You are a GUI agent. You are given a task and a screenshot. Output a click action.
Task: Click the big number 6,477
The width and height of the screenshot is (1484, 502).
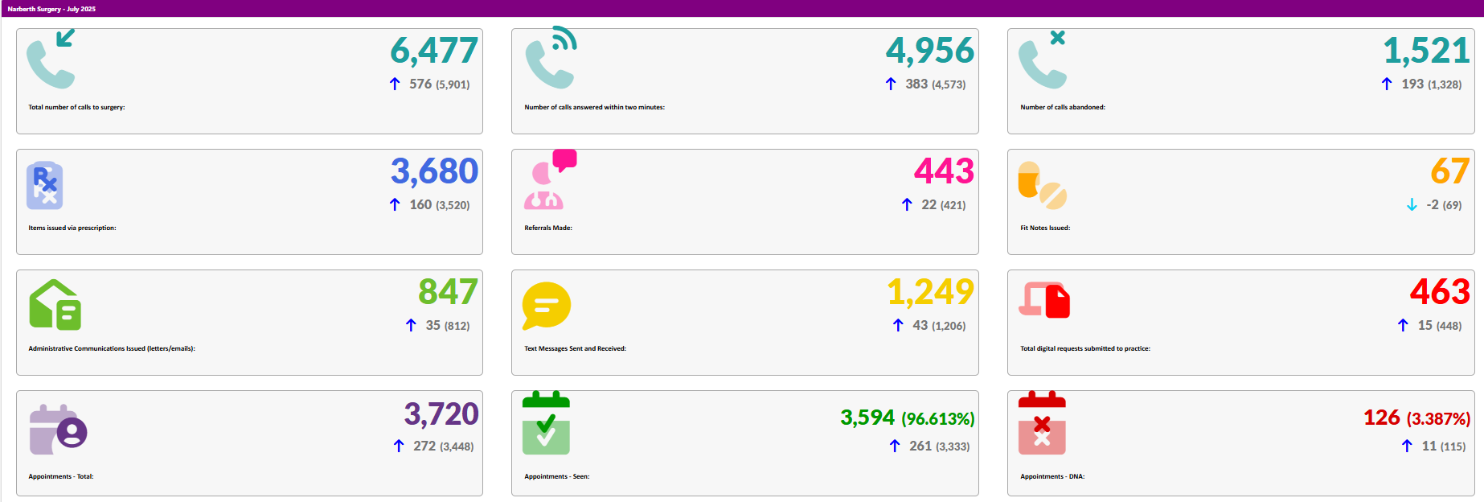click(x=434, y=51)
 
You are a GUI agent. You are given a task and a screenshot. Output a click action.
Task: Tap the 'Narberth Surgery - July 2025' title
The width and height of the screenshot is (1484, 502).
click(x=51, y=9)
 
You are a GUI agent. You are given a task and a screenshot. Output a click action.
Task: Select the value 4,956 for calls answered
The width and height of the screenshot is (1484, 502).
click(x=929, y=51)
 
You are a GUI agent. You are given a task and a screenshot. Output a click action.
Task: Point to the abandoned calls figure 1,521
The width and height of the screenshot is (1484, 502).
click(x=1426, y=51)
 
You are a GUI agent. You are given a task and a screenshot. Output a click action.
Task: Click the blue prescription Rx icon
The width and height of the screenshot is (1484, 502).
click(x=45, y=186)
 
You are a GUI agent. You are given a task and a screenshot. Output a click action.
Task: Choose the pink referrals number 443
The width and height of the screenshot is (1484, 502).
click(x=944, y=171)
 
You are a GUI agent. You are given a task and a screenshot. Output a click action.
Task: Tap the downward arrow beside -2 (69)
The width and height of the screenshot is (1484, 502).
click(x=1412, y=205)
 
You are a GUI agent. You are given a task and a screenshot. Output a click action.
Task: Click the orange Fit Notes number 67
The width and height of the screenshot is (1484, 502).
click(x=1449, y=171)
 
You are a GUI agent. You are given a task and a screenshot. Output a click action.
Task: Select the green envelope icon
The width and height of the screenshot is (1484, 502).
click(x=55, y=305)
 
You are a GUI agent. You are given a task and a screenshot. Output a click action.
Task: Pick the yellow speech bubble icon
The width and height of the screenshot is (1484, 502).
click(x=546, y=306)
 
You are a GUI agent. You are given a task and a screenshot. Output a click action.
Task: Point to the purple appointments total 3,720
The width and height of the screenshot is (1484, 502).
click(x=441, y=414)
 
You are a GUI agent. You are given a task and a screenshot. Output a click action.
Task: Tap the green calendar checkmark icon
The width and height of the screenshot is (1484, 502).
click(x=546, y=424)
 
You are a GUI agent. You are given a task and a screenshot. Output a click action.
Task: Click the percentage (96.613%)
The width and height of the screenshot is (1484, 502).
click(x=937, y=418)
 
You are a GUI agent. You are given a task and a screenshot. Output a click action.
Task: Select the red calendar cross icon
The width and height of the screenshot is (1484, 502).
click(x=1042, y=424)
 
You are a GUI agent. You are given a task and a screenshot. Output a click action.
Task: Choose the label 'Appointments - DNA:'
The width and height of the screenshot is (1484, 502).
click(x=1052, y=476)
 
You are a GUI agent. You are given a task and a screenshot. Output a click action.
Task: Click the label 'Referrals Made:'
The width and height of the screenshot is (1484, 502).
click(x=548, y=228)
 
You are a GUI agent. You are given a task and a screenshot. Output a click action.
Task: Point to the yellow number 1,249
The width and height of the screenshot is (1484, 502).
click(x=930, y=291)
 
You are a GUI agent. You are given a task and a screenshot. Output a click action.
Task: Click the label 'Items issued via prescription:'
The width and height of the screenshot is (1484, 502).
click(x=72, y=228)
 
